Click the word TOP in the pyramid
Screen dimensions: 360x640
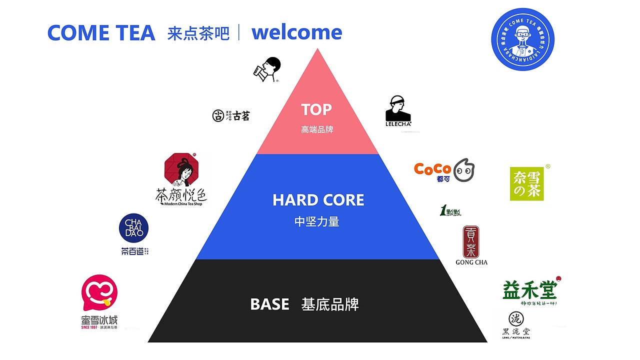point(316,109)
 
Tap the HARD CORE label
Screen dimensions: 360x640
point(318,200)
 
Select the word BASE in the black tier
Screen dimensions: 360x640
point(269,304)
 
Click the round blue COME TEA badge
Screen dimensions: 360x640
point(522,39)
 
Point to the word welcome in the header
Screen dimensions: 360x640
point(296,32)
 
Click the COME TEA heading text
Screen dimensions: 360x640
point(101,33)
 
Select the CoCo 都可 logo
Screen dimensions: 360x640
point(443,170)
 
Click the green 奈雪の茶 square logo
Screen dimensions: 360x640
point(526,183)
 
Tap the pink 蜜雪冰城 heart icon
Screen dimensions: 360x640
point(99,292)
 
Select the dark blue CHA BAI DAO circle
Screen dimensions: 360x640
point(133,228)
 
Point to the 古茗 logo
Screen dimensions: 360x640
point(230,116)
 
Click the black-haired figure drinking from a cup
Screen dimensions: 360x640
point(267,69)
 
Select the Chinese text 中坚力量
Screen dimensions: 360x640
point(317,221)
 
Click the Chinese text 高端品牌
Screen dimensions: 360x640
point(317,129)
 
